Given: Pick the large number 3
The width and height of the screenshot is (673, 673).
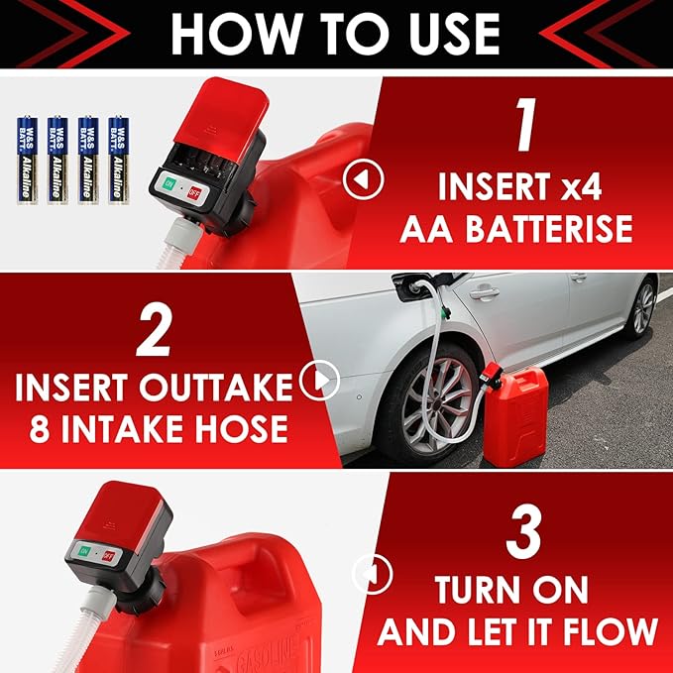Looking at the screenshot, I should [521, 531].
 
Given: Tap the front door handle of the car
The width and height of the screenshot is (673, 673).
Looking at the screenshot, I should [484, 292].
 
